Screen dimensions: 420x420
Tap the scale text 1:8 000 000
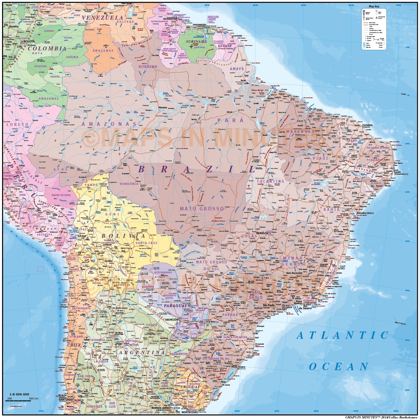point(19,394)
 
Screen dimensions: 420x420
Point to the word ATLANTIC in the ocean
point(342,335)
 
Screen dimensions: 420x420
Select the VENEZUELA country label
point(103,18)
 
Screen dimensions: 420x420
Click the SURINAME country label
point(197,42)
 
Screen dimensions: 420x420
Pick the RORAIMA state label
point(148,66)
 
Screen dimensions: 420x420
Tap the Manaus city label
point(162,108)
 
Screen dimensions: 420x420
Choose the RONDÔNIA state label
point(129,184)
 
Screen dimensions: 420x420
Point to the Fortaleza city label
point(367,126)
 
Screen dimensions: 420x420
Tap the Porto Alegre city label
point(238,367)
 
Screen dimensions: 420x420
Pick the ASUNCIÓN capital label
point(171,320)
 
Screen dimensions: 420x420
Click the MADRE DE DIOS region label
point(61,195)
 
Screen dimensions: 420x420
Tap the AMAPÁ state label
point(237,69)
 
